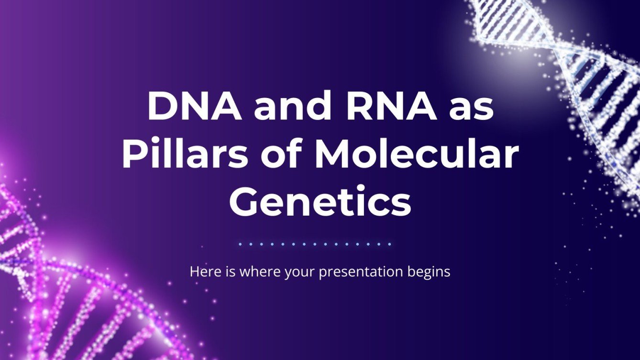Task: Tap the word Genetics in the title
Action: (320, 201)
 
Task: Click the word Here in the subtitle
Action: (203, 272)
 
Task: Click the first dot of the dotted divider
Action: (240, 244)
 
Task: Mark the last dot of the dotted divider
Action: (390, 244)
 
